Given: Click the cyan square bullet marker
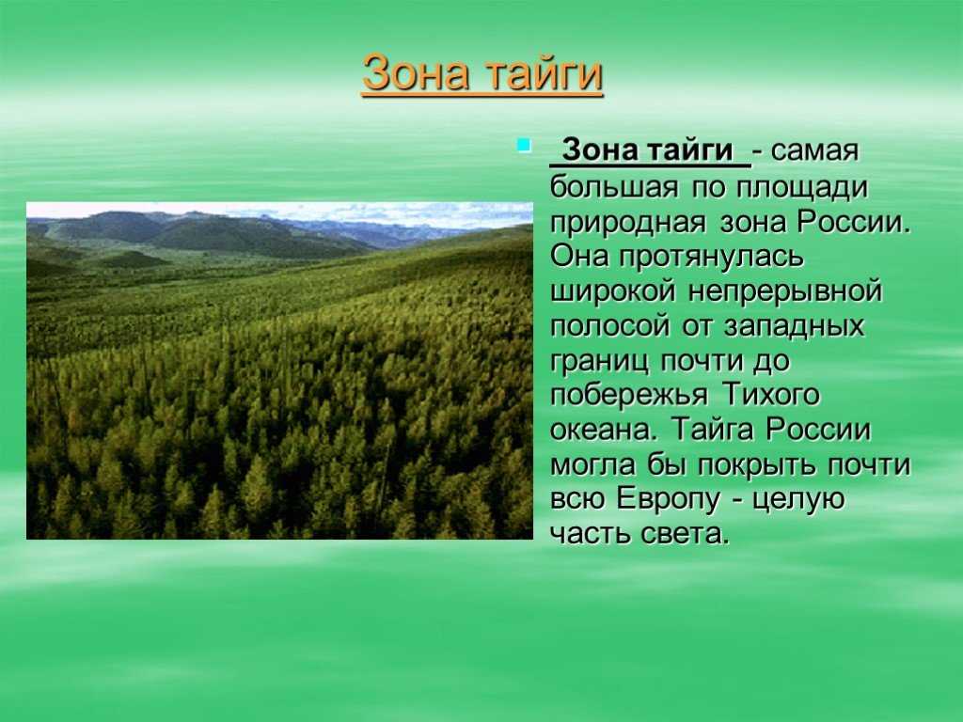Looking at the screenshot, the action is [x=524, y=146].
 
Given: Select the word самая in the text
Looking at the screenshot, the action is [x=814, y=151].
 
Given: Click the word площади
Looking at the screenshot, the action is [x=801, y=188].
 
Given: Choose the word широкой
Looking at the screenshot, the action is [x=613, y=291].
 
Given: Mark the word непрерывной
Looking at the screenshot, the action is [x=785, y=291].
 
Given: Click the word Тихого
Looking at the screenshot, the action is [x=771, y=394].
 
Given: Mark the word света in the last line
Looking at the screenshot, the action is [x=686, y=534].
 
